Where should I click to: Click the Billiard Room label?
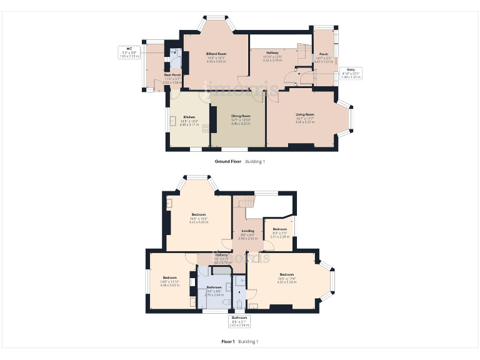click(216, 54)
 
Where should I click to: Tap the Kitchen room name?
click(189, 117)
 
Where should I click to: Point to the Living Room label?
click(305, 114)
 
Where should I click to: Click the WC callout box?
click(128, 52)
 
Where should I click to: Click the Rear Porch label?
click(172, 74)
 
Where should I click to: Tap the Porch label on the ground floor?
click(324, 54)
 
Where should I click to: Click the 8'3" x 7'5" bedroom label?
click(279, 229)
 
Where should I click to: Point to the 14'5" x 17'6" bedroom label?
click(287, 275)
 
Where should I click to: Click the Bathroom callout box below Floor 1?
click(240, 321)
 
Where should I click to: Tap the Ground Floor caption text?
click(228, 161)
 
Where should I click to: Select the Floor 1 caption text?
click(228, 341)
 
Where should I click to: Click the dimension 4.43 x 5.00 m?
click(216, 61)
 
